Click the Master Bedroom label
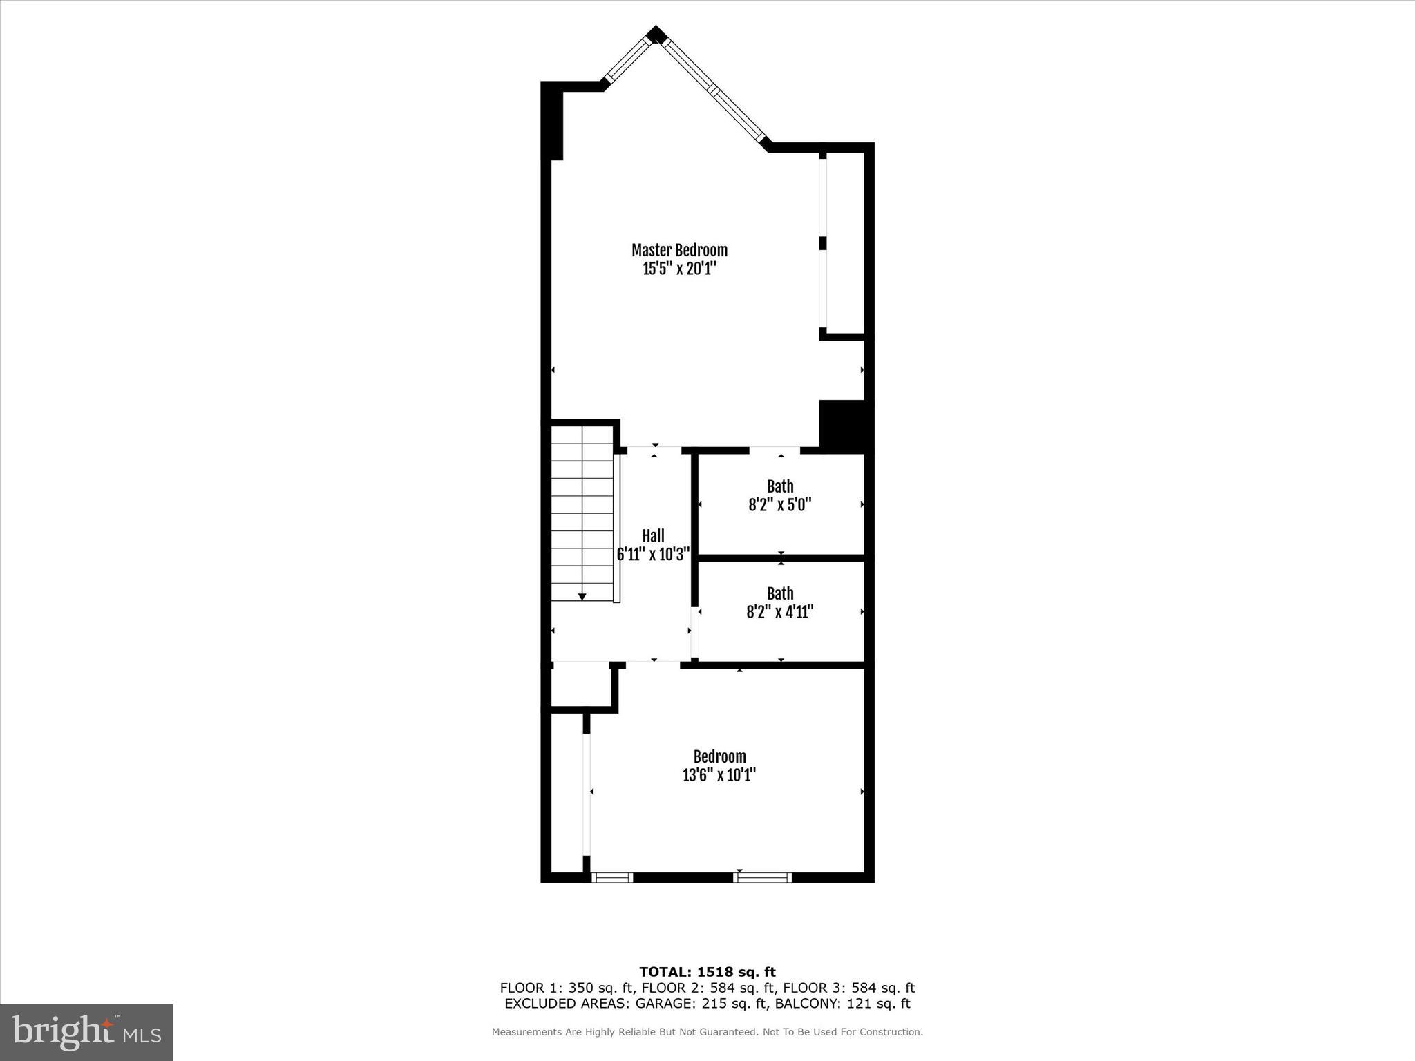679,250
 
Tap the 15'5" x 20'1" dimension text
679,269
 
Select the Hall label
653,536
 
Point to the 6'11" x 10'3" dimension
653,554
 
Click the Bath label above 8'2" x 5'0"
780,486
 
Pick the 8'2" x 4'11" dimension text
780,612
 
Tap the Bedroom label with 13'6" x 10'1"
719,756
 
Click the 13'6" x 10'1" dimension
719,775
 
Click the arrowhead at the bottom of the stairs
582,596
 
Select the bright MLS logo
86,1033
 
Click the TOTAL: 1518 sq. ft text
707,972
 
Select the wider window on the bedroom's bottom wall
762,878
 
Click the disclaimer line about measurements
707,1032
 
